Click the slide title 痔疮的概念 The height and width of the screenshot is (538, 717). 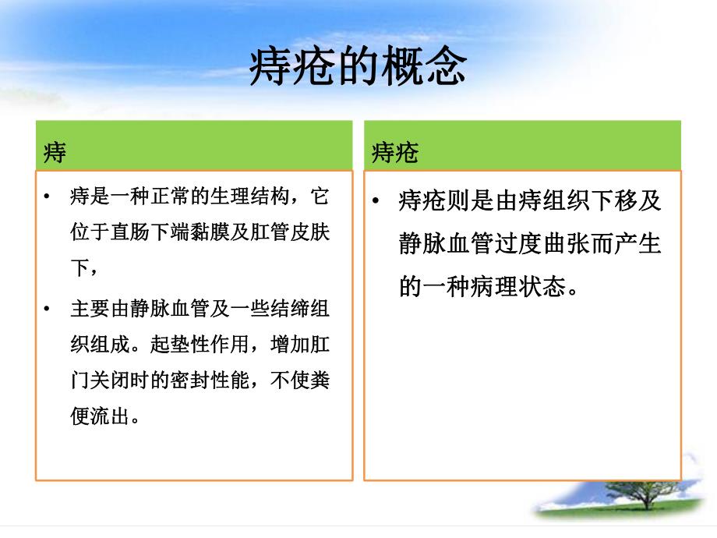pos(358,68)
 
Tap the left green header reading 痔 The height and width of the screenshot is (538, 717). pos(55,152)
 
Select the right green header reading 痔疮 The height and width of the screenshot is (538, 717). pos(394,152)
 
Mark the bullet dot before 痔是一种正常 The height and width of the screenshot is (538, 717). pos(48,197)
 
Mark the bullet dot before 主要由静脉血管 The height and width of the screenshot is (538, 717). pos(48,308)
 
